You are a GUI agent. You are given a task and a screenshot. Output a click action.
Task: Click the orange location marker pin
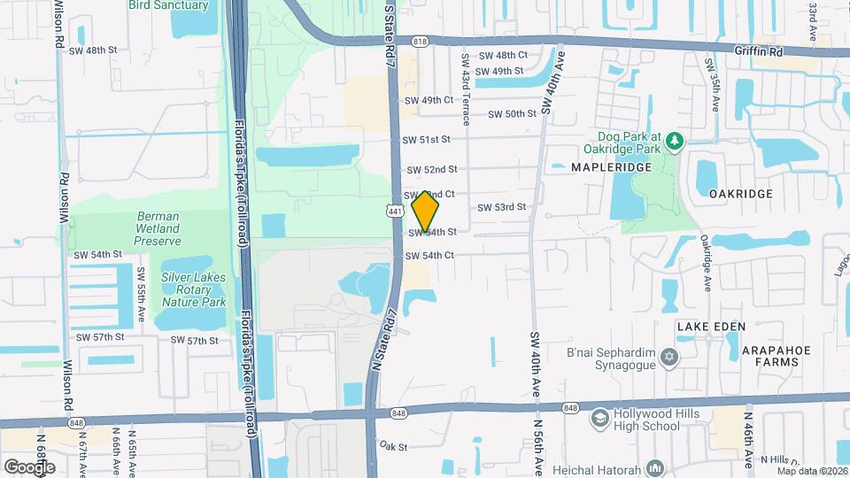(x=426, y=211)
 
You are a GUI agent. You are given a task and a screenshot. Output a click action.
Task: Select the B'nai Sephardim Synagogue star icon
(x=670, y=357)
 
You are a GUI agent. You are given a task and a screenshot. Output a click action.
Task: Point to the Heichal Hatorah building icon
(x=655, y=466)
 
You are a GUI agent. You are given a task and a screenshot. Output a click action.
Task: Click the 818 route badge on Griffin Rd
(x=420, y=41)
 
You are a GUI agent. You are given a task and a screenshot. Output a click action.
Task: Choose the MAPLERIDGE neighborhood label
(x=605, y=166)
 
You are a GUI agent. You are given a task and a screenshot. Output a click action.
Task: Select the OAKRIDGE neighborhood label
(x=741, y=193)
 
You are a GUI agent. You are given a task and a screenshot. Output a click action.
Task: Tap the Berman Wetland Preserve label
(x=158, y=228)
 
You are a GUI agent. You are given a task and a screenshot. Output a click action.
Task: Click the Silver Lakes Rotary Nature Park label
(x=193, y=289)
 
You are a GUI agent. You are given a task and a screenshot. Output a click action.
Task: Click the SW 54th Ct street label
(x=429, y=256)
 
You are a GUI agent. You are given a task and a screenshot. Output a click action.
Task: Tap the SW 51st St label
(x=427, y=140)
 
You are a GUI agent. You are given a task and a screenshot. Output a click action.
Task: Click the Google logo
(x=29, y=466)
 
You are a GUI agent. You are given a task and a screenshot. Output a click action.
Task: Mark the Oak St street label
(x=392, y=448)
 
